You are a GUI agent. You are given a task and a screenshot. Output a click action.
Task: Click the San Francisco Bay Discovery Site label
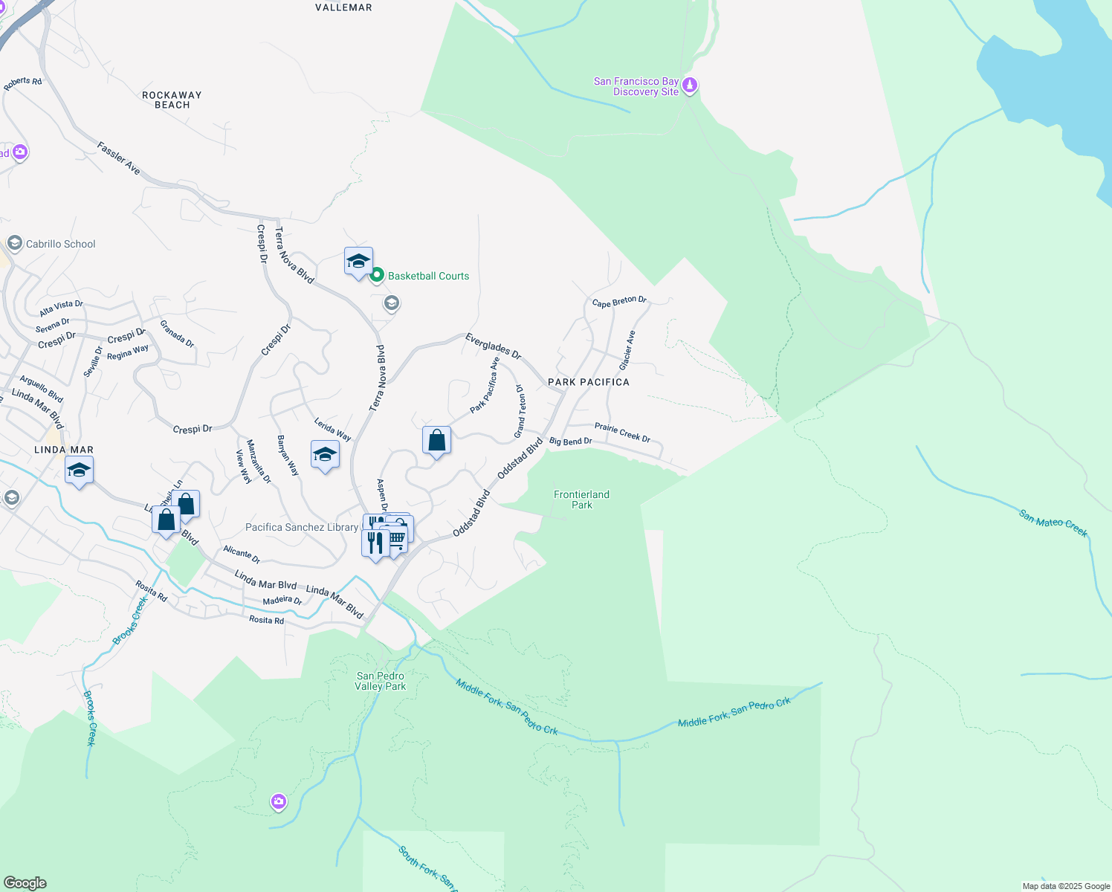636,86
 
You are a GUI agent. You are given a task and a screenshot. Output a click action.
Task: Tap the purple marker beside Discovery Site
690,85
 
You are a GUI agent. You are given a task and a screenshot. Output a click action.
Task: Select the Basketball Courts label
428,276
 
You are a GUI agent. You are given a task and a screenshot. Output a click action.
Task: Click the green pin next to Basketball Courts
377,275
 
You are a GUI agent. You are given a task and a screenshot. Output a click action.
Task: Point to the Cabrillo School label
60,244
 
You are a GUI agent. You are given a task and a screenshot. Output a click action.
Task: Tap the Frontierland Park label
581,500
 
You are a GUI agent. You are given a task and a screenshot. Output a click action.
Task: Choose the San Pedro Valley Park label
380,681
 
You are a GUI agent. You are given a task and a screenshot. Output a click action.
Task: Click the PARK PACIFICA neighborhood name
588,382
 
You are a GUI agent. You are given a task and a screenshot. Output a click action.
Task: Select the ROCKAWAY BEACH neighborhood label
172,100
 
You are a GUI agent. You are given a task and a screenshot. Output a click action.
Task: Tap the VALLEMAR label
343,7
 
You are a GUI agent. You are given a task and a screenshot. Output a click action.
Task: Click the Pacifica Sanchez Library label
302,527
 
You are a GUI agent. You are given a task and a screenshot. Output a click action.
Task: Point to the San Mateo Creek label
1053,523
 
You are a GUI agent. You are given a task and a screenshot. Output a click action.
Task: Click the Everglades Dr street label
493,346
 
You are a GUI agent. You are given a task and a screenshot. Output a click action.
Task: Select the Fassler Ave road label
118,158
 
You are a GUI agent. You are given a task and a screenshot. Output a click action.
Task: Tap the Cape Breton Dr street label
619,301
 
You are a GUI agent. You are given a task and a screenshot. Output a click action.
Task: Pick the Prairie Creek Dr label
622,432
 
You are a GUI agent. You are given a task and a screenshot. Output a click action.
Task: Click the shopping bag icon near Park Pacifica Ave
436,441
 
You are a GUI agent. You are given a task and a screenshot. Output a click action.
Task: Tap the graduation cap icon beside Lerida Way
325,454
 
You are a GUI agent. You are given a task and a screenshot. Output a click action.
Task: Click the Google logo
25,882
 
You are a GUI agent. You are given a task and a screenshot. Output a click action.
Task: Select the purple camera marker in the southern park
279,801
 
